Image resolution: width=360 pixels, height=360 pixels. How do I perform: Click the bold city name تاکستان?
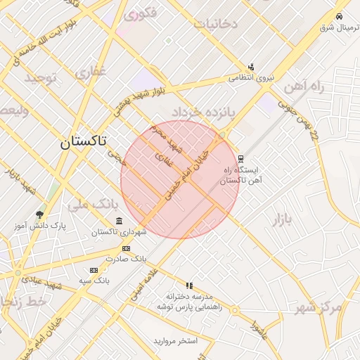[x=83, y=141]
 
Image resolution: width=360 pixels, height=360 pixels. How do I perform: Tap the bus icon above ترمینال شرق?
[x=340, y=16]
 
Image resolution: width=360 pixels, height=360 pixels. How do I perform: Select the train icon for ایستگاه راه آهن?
[x=240, y=159]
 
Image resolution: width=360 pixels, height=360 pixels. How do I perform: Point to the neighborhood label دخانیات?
[x=217, y=23]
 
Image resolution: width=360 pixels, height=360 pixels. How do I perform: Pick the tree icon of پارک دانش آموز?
[x=39, y=214]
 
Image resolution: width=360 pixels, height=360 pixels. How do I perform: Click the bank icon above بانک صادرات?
[x=126, y=248]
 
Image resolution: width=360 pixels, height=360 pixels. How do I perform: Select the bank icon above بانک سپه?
[x=94, y=270]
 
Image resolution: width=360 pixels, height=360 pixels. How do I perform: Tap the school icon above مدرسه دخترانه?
[x=189, y=285]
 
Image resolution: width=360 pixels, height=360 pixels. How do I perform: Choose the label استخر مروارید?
[x=176, y=341]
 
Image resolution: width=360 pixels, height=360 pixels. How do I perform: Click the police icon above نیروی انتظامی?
[x=251, y=67]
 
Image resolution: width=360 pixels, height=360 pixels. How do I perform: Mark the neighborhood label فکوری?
[x=141, y=13]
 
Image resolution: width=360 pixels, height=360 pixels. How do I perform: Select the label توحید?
[x=41, y=77]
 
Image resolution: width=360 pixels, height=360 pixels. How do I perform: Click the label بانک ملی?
[x=93, y=205]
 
